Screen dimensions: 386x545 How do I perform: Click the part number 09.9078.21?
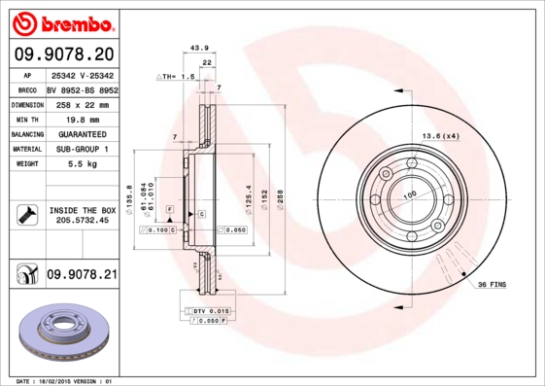coord(82,276)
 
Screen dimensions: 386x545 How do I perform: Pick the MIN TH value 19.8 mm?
coord(82,118)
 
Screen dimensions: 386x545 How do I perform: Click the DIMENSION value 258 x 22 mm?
coord(82,102)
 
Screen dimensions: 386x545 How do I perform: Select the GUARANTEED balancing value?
coord(82,133)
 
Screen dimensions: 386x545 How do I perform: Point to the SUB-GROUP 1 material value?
coord(82,149)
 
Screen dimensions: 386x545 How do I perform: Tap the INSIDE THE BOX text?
coord(83,210)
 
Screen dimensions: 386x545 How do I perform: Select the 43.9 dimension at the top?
coord(199,47)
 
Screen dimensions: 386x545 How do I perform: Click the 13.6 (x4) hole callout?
coord(438,135)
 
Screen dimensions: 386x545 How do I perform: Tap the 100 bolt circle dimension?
coord(409,194)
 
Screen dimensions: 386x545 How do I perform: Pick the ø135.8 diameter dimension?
coord(129,196)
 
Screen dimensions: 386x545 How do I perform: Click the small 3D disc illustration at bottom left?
coord(63,334)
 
